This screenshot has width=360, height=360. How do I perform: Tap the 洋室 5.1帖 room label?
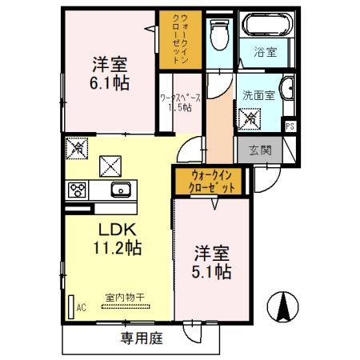click(212, 263)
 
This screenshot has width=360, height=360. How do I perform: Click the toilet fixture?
click(217, 34)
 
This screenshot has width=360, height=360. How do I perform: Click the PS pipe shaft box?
click(289, 126)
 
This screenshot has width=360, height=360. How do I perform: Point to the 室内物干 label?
click(124, 297)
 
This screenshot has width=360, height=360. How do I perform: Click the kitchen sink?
click(121, 190)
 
